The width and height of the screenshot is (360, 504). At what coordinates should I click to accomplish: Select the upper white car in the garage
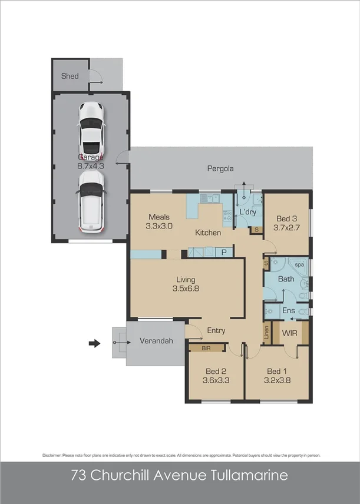(x=91, y=126)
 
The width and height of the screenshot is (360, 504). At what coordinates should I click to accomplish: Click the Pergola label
(x=220, y=168)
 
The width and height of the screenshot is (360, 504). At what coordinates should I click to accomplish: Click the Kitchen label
(x=208, y=233)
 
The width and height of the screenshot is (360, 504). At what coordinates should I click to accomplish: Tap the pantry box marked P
(x=224, y=252)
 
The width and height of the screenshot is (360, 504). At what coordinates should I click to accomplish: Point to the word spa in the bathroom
(x=300, y=265)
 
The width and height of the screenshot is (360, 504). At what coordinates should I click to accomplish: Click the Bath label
(x=286, y=279)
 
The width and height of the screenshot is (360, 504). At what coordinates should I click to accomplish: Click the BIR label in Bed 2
(x=206, y=348)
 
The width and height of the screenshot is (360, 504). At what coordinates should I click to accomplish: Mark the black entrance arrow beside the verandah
(x=94, y=343)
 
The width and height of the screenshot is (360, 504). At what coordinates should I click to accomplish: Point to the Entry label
(x=216, y=330)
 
